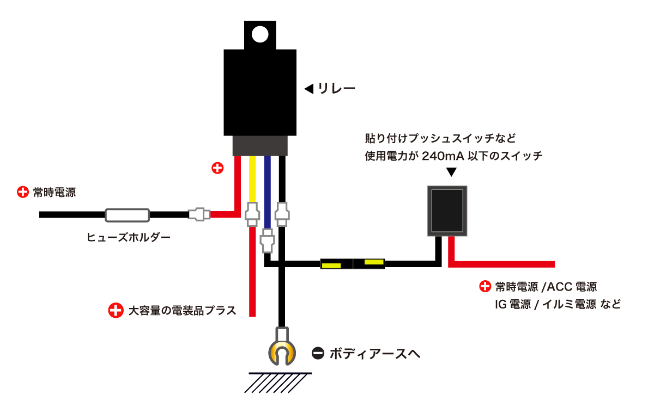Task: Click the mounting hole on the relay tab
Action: pos(261,34)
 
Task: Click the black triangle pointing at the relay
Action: pos(308,88)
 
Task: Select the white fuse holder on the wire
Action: pos(127,215)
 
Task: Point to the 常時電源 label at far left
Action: pos(54,192)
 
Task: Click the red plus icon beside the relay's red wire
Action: pos(217,168)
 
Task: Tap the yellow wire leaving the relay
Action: pos(252,180)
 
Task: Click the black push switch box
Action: pos(447,211)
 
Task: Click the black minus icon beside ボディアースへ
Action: pos(318,354)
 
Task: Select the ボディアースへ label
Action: pos(374,354)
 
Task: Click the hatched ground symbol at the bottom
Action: pos(278,382)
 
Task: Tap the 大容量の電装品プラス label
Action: pos(182,311)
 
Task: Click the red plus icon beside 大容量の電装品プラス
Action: pos(116,311)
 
